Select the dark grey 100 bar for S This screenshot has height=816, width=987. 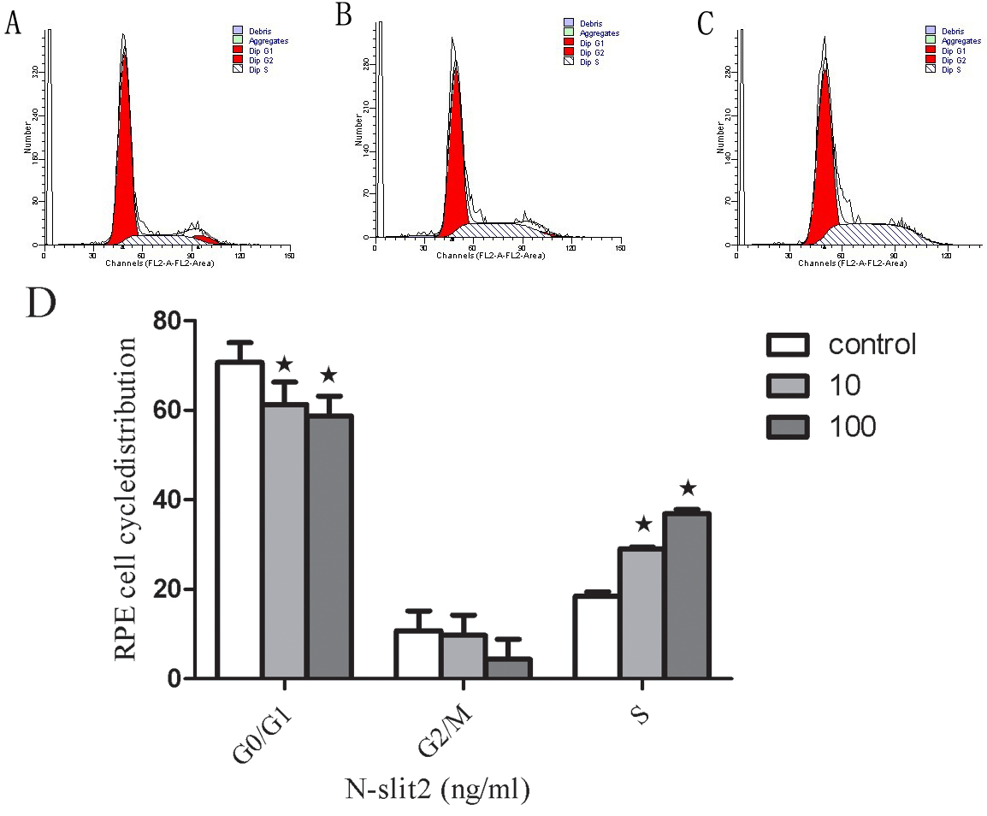686,595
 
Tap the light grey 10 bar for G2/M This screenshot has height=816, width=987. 464,656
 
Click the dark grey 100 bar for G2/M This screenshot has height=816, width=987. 508,668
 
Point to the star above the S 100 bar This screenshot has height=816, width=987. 688,489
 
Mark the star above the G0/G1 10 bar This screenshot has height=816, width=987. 285,366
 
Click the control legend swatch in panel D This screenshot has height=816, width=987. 788,345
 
